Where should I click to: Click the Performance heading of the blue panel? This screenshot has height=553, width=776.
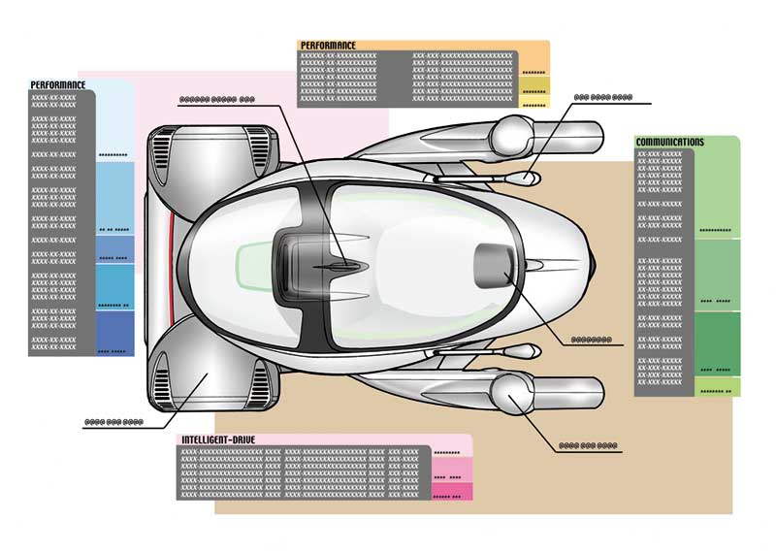[58, 85]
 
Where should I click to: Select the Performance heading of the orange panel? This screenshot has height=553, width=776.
[328, 46]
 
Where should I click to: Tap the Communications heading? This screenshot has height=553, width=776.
[669, 142]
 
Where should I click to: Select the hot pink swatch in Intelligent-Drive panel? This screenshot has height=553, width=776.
[451, 492]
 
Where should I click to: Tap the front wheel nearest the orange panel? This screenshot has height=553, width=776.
[512, 131]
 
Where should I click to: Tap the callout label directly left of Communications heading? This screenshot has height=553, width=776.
[602, 99]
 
